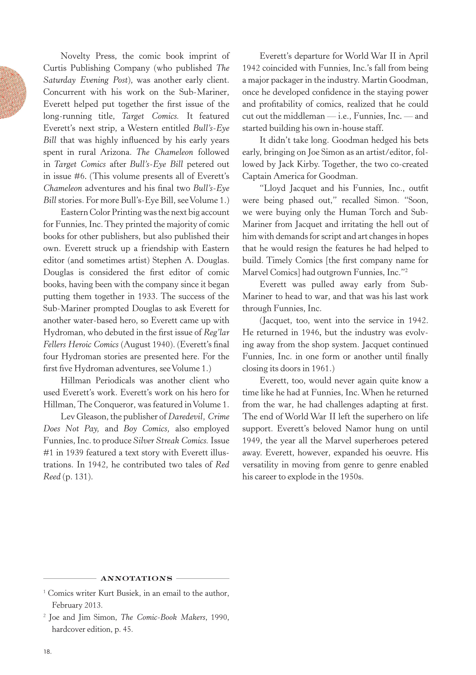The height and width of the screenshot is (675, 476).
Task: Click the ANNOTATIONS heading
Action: pyautogui.click(x=136, y=579)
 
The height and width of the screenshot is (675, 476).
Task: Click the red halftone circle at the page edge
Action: pyautogui.click(x=12, y=92)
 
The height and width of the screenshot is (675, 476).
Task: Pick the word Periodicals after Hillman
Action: pyautogui.click(x=116, y=380)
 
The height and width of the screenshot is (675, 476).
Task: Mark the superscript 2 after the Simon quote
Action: pyautogui.click(x=406, y=270)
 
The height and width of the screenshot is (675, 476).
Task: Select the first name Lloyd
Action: pyautogui.click(x=275, y=188)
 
